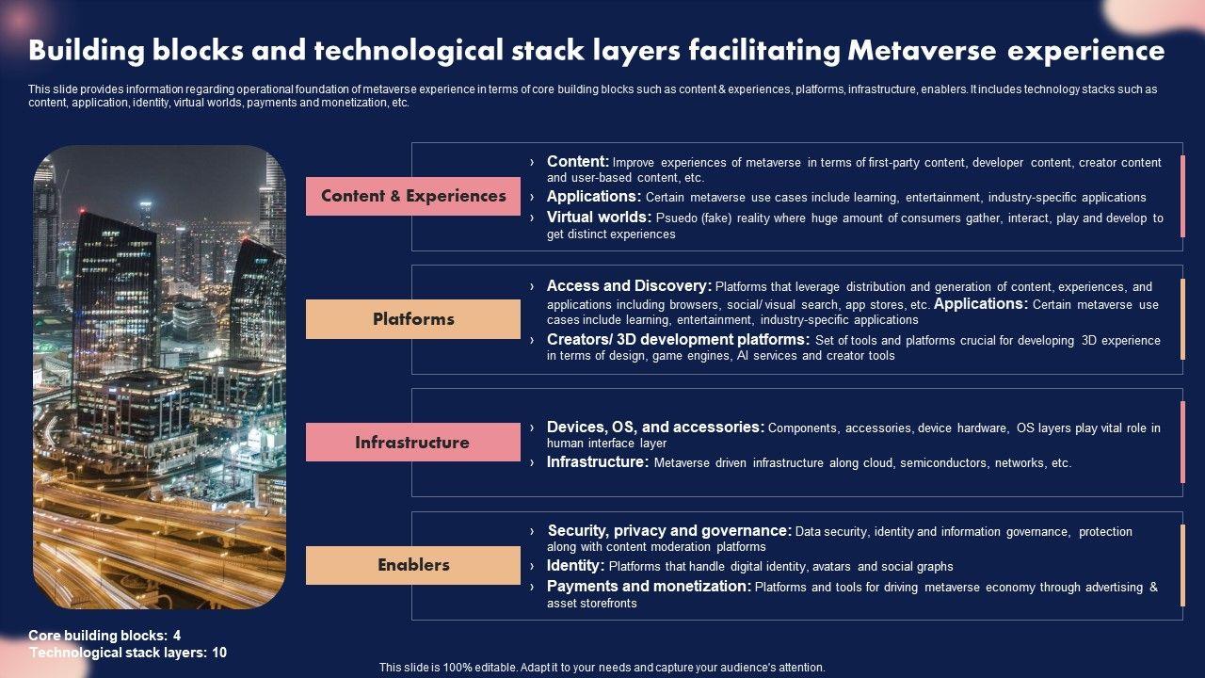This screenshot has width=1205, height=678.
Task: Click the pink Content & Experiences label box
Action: [412, 196]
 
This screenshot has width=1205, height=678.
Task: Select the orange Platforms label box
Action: [412, 319]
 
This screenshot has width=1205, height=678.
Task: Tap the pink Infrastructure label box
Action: [412, 443]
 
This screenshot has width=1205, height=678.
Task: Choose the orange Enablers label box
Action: [412, 565]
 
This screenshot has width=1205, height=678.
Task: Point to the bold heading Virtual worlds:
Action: [599, 218]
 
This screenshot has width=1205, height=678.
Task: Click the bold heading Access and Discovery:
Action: [629, 285]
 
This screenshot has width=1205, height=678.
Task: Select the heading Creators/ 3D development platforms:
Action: [678, 340]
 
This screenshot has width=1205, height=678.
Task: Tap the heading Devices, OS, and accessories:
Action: [655, 428]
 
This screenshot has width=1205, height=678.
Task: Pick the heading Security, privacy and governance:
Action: [669, 531]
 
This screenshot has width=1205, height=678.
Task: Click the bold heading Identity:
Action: [575, 566]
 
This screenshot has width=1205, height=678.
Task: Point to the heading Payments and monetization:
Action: [649, 587]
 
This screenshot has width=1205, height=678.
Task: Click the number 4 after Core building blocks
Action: [177, 636]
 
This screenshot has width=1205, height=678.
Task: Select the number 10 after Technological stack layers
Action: [219, 653]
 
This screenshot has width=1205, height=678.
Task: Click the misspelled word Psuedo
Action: [676, 218]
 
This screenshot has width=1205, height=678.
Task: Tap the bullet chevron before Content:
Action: [532, 163]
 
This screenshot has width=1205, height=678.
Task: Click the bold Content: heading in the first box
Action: [578, 162]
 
